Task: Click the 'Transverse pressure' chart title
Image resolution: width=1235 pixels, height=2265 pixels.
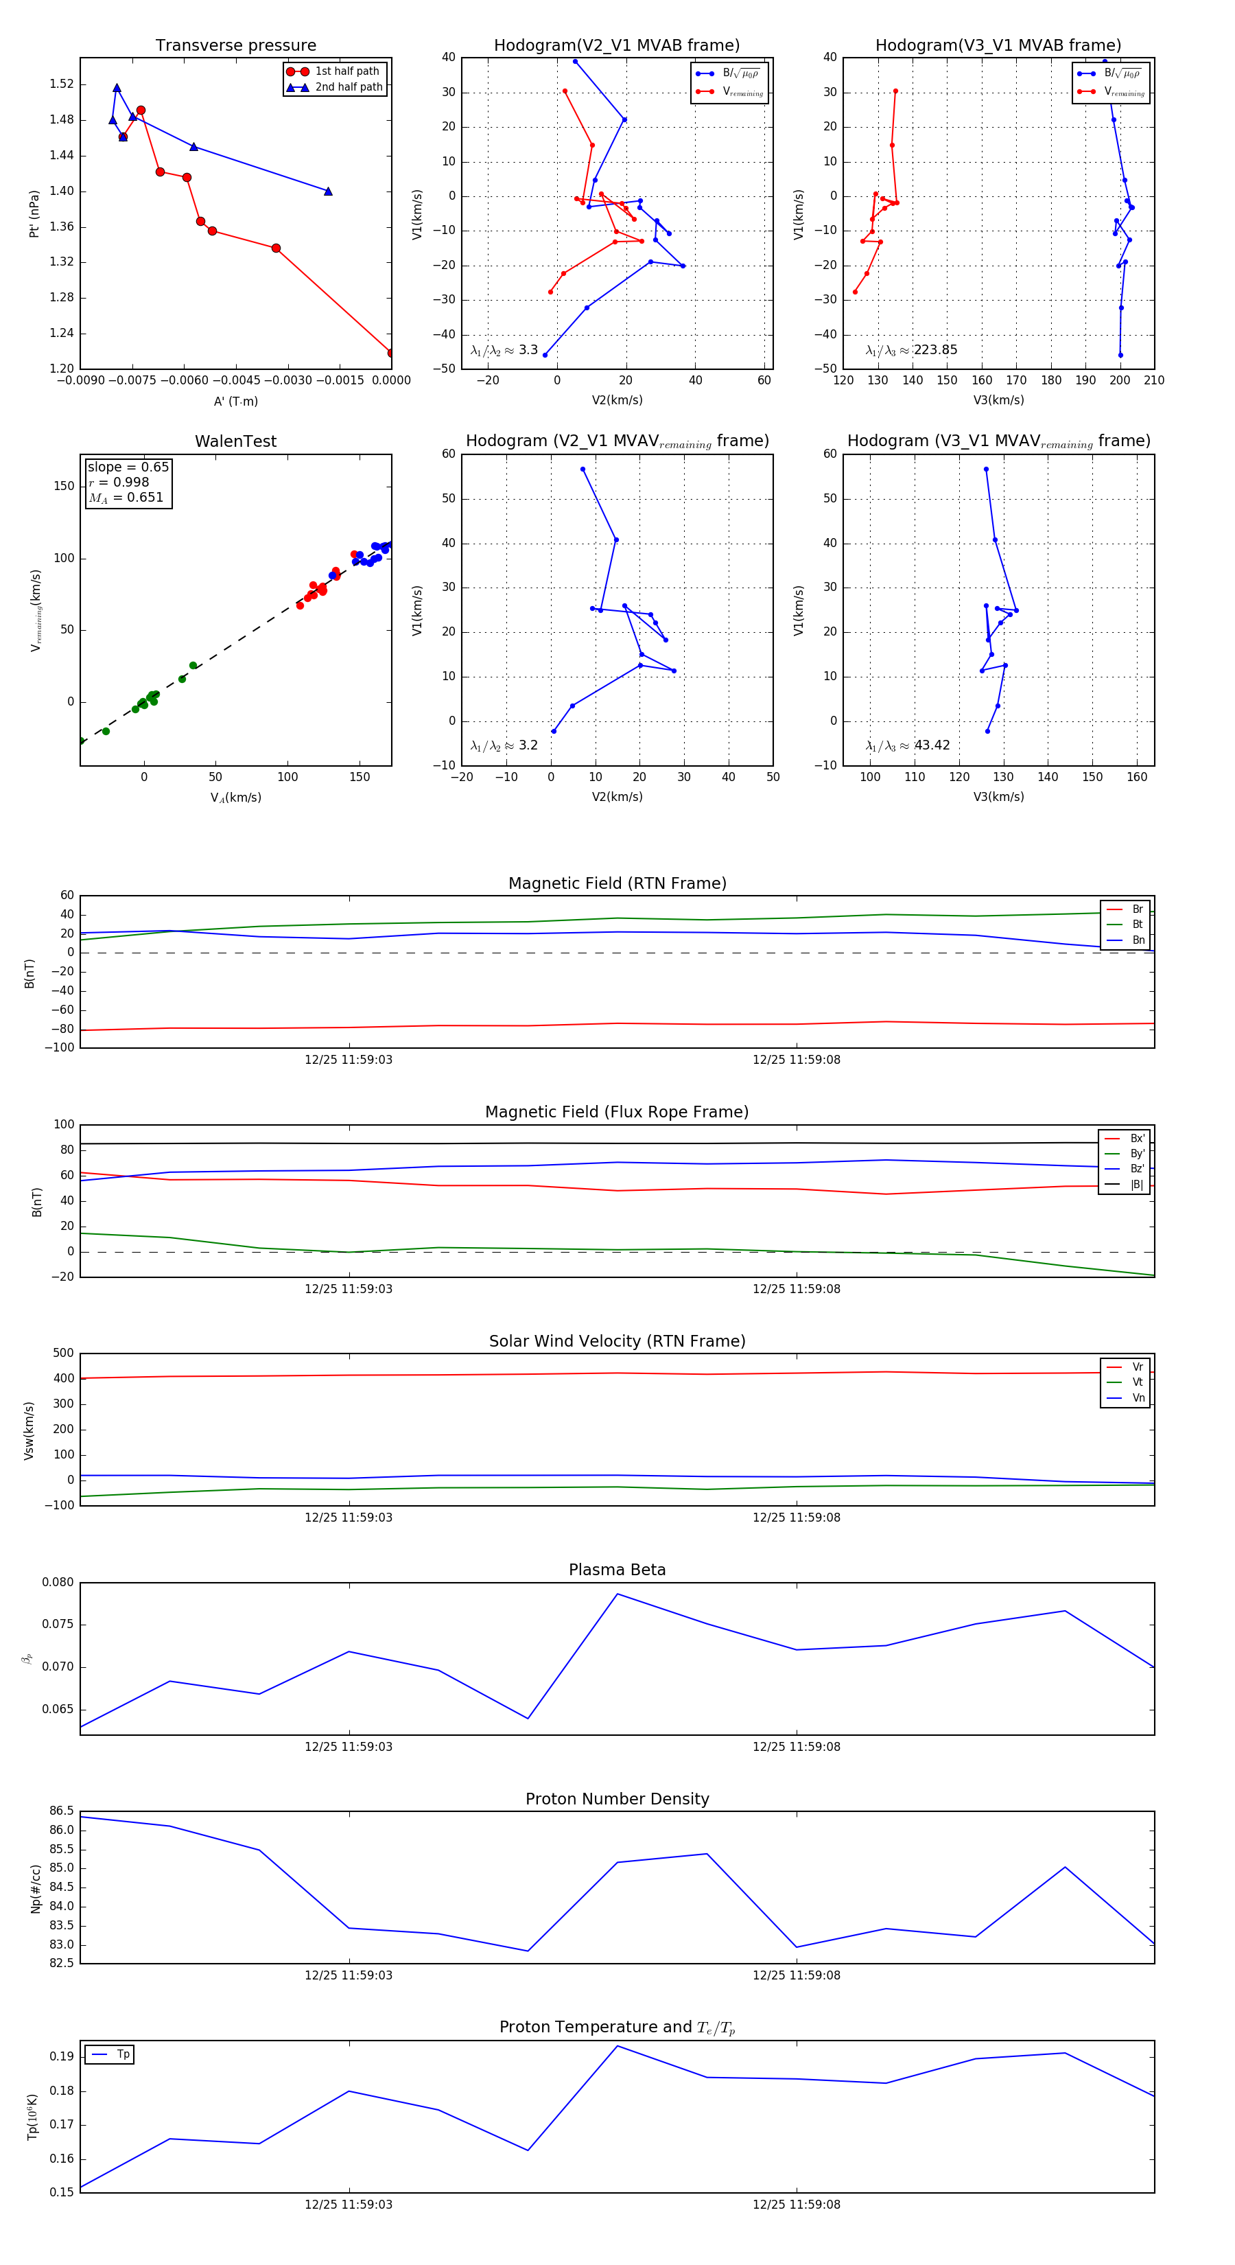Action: (x=235, y=46)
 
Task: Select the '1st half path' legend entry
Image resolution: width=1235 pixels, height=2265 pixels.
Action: (x=346, y=71)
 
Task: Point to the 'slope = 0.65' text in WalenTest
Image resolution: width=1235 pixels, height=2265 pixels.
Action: (x=128, y=467)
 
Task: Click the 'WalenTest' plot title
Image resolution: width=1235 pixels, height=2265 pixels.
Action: (x=235, y=441)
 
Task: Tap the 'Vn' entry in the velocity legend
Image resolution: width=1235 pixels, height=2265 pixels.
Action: (x=1138, y=1398)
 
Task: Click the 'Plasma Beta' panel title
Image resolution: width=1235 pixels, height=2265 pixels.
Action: (x=617, y=1570)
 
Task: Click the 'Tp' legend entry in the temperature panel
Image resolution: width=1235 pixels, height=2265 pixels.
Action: (x=122, y=2054)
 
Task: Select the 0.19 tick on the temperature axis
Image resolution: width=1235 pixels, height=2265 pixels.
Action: (x=62, y=2056)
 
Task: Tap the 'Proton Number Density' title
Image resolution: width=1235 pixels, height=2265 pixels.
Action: (x=617, y=1799)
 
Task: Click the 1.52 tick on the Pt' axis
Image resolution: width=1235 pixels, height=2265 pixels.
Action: (x=62, y=84)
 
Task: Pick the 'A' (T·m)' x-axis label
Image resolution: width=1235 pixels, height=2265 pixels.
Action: (x=235, y=402)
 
